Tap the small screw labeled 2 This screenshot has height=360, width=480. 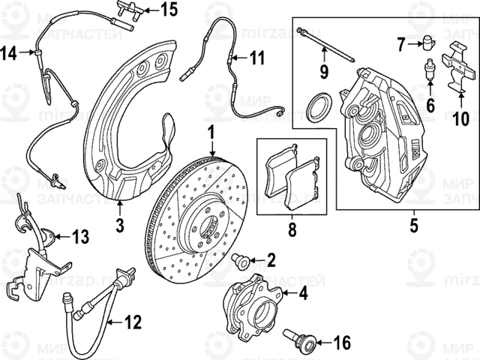pos(241,260)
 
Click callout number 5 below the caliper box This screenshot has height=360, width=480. pos(411,224)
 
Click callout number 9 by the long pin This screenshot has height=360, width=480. pos(325,73)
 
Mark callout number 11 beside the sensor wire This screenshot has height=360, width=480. pos(257,58)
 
